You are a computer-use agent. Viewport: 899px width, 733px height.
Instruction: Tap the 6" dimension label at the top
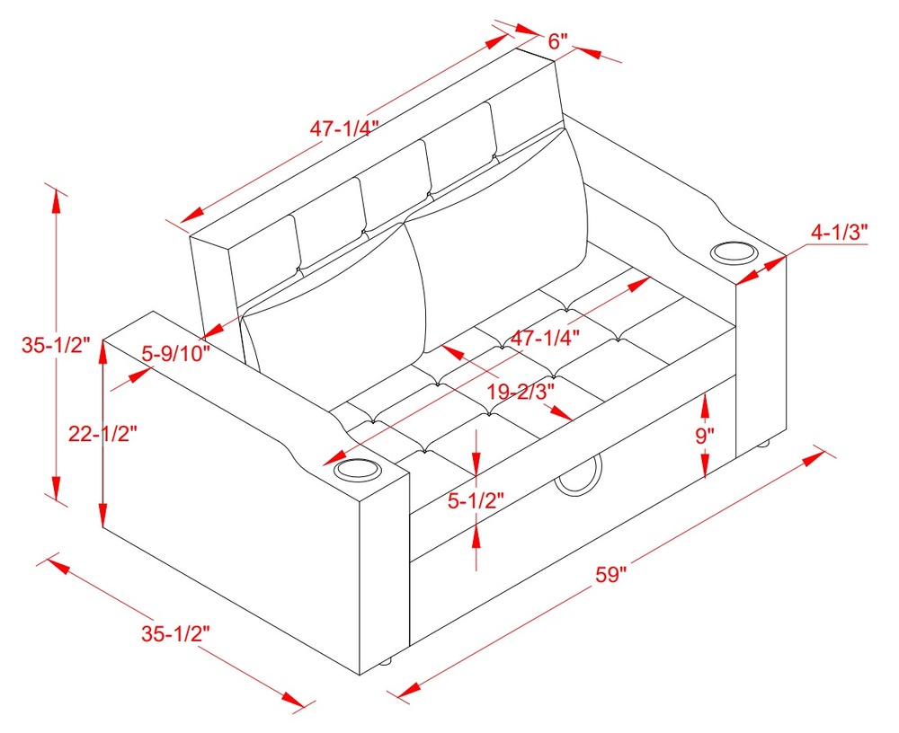click(x=557, y=41)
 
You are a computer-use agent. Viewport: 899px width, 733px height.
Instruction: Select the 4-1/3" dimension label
click(x=839, y=233)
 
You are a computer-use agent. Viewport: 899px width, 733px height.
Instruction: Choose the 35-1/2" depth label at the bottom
click(x=175, y=632)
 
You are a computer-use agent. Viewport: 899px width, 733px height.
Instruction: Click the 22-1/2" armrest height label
click(x=102, y=434)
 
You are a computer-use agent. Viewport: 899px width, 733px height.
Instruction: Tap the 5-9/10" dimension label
click(x=176, y=353)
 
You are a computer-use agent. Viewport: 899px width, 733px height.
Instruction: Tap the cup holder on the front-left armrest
click(x=356, y=470)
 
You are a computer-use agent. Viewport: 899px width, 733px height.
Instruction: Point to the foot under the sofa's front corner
click(x=386, y=664)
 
